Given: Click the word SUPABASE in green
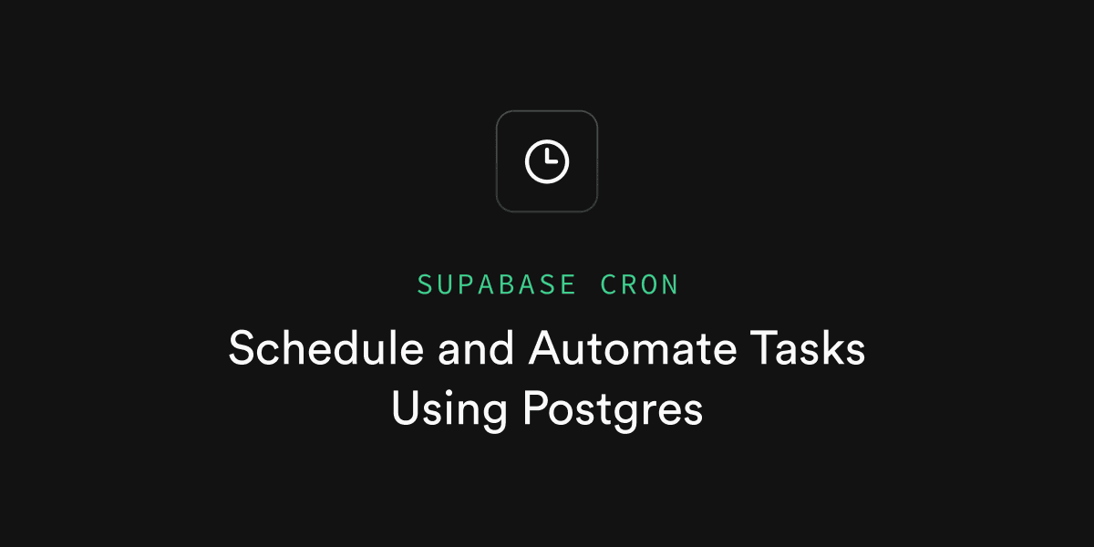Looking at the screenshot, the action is point(496,284).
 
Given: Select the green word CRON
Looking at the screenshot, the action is point(639,284).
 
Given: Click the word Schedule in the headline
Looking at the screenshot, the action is point(325,347).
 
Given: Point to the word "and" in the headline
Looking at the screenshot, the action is point(476,348).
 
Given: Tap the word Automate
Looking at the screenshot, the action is point(633,348).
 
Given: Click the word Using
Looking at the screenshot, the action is point(449,409).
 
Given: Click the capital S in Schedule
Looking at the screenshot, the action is point(243,347).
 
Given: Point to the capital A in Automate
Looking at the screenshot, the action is point(546,347).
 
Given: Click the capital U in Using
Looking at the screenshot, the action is point(406,408).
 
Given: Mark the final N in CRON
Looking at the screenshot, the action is point(670,284).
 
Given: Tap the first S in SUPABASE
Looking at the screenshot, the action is point(425,284).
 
